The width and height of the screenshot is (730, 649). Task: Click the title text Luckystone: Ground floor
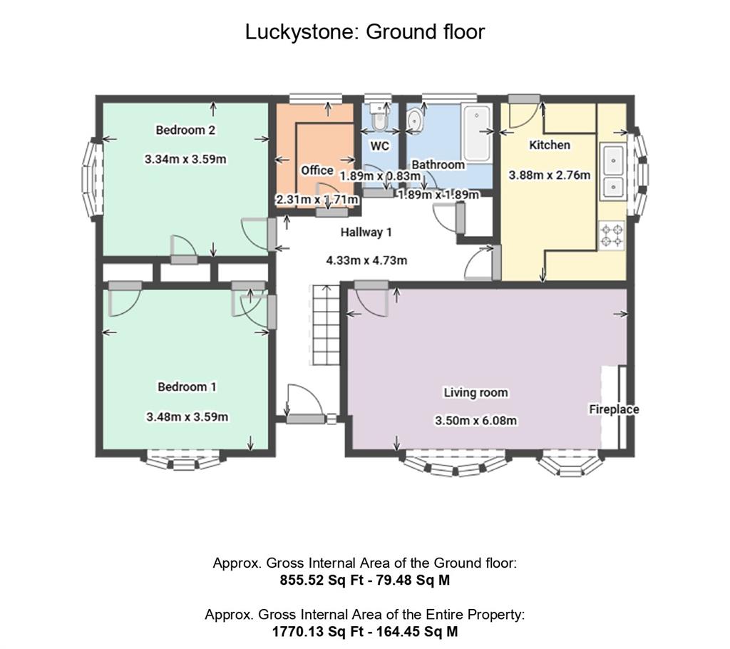[364, 32]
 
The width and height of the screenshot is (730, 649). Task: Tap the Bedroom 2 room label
[185, 130]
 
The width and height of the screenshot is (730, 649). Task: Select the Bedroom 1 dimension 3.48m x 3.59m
[187, 417]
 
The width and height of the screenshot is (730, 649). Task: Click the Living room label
[475, 392]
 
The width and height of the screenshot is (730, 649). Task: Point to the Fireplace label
[613, 409]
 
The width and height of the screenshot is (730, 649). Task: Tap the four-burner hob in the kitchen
[611, 236]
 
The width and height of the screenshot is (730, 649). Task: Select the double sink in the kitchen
[612, 171]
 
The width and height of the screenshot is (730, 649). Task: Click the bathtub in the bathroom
[475, 133]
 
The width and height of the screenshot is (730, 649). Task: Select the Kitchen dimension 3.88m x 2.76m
[549, 175]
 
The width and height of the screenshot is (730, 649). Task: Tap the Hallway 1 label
[366, 232]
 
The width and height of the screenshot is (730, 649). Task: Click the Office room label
[317, 170]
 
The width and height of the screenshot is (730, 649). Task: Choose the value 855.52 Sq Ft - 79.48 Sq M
[364, 580]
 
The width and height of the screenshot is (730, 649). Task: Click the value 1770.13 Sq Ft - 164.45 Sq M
[364, 631]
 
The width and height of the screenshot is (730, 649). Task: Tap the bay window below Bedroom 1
[183, 460]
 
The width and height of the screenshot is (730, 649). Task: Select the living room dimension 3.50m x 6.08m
[475, 421]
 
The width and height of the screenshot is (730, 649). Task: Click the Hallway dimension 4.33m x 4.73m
[366, 260]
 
